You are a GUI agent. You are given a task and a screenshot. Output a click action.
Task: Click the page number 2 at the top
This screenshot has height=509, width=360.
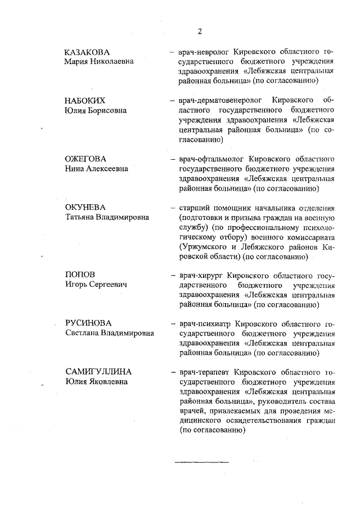[x=200, y=30]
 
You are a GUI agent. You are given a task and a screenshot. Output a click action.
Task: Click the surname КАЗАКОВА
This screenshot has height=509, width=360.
[x=87, y=52]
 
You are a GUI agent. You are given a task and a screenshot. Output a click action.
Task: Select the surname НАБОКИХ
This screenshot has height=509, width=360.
[x=85, y=101]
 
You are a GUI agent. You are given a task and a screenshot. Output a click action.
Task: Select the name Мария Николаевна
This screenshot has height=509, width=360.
[x=99, y=61]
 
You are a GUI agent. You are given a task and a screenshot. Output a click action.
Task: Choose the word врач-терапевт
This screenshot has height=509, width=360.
[x=203, y=373]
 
